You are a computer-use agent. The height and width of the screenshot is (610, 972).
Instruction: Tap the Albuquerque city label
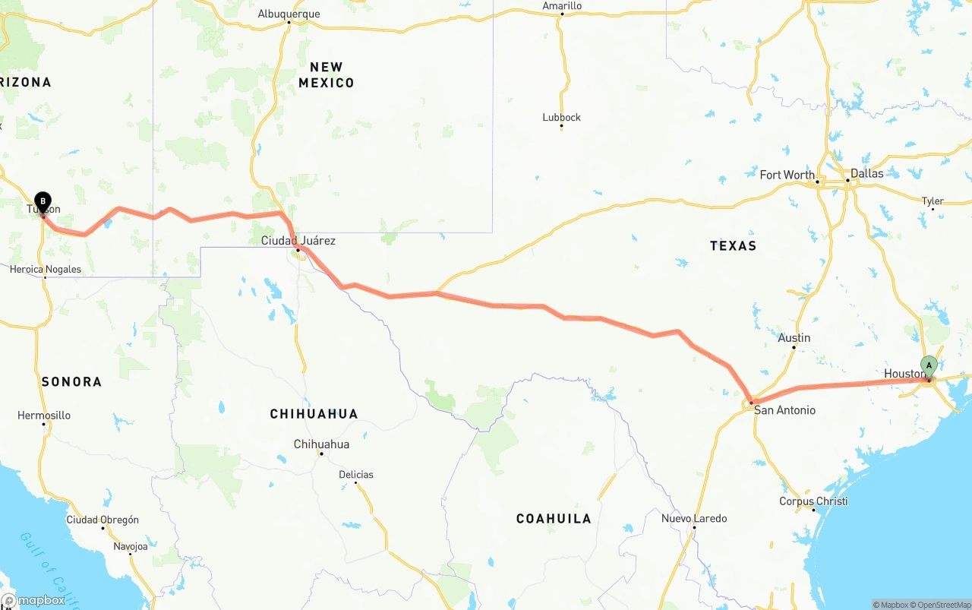coord(289,14)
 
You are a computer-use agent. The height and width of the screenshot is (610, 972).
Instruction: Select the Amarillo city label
coord(562,6)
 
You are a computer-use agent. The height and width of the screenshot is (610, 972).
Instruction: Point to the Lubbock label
coord(561,117)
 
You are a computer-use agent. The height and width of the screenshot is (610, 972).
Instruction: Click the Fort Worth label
coord(787,175)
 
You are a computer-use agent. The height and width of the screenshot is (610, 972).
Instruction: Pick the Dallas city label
coord(866,173)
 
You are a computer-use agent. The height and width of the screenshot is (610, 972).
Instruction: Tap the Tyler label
coord(933,201)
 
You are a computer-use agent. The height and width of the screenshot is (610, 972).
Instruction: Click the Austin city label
coord(794,338)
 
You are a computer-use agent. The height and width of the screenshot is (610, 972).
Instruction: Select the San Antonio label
coord(784,410)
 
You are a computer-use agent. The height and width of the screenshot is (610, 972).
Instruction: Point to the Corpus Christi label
coord(813,501)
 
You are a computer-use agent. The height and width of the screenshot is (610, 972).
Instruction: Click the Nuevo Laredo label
coord(694,519)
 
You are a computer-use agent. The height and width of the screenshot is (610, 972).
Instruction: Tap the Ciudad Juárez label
coord(298,241)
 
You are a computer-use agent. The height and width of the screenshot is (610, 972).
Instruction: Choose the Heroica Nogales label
coord(46,270)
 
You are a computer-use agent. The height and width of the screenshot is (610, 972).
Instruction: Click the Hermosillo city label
coord(44,416)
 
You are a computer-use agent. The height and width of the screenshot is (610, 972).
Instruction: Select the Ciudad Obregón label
coord(103,520)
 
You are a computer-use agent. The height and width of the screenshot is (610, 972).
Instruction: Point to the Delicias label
coord(356,475)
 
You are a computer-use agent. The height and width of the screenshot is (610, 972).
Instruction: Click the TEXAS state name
coord(733,245)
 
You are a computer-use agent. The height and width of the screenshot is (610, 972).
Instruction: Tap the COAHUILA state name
coord(554,519)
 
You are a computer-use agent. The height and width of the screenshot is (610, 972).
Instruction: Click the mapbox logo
coord(33,600)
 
